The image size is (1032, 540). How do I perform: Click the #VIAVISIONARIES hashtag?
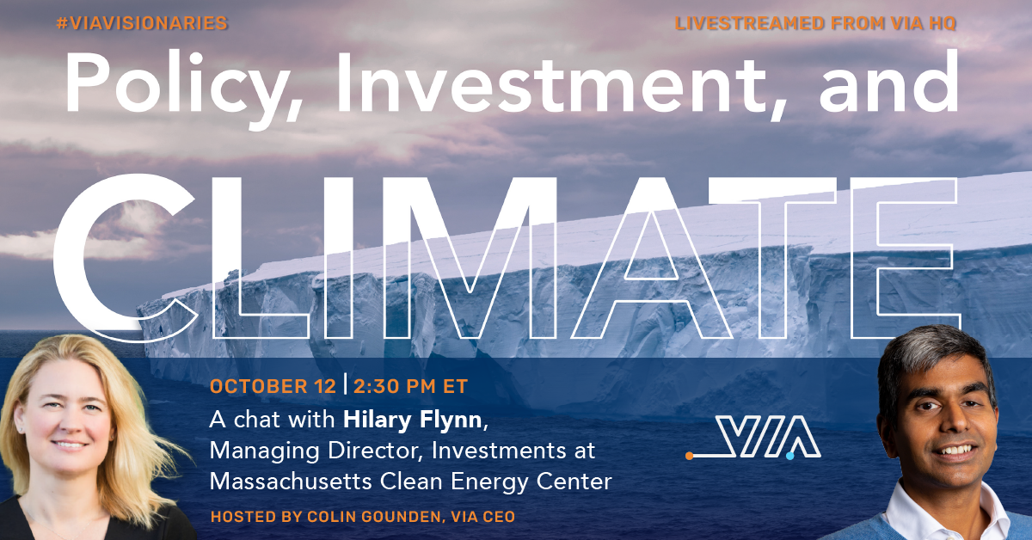pyautogui.click(x=142, y=23)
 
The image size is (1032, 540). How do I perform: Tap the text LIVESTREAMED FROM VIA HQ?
pyautogui.click(x=815, y=23)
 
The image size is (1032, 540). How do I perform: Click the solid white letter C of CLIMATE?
pyautogui.click(x=125, y=258)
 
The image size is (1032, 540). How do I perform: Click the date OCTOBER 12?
pyautogui.click(x=273, y=387)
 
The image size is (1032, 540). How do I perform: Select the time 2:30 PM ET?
pyautogui.click(x=410, y=387)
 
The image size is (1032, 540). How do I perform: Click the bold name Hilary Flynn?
pyautogui.click(x=412, y=420)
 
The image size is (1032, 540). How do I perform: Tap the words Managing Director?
pyautogui.click(x=314, y=451)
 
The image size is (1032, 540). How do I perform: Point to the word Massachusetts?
pyautogui.click(x=291, y=482)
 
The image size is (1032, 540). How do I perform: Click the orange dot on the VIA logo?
pyautogui.click(x=689, y=456)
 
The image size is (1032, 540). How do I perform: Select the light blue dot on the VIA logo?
pyautogui.click(x=789, y=456)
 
